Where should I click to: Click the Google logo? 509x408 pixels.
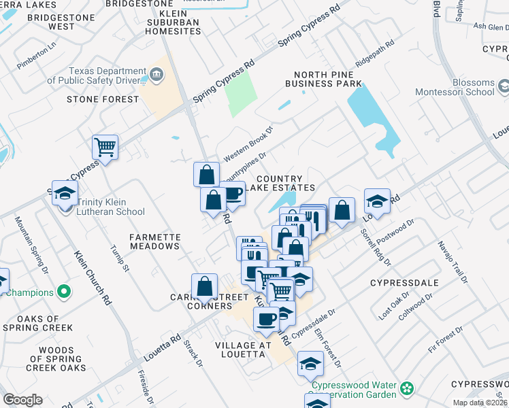tap(22, 400)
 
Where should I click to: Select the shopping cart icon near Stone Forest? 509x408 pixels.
tap(105, 146)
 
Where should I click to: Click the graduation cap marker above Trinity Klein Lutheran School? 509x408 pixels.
tap(65, 194)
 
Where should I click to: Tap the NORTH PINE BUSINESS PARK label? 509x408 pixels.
tap(323, 79)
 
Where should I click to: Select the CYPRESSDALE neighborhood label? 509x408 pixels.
tap(403, 282)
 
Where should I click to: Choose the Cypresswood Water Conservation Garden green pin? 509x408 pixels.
tap(407, 389)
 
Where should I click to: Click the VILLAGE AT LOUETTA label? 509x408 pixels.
tap(244, 350)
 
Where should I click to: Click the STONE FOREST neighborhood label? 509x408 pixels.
tap(103, 99)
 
